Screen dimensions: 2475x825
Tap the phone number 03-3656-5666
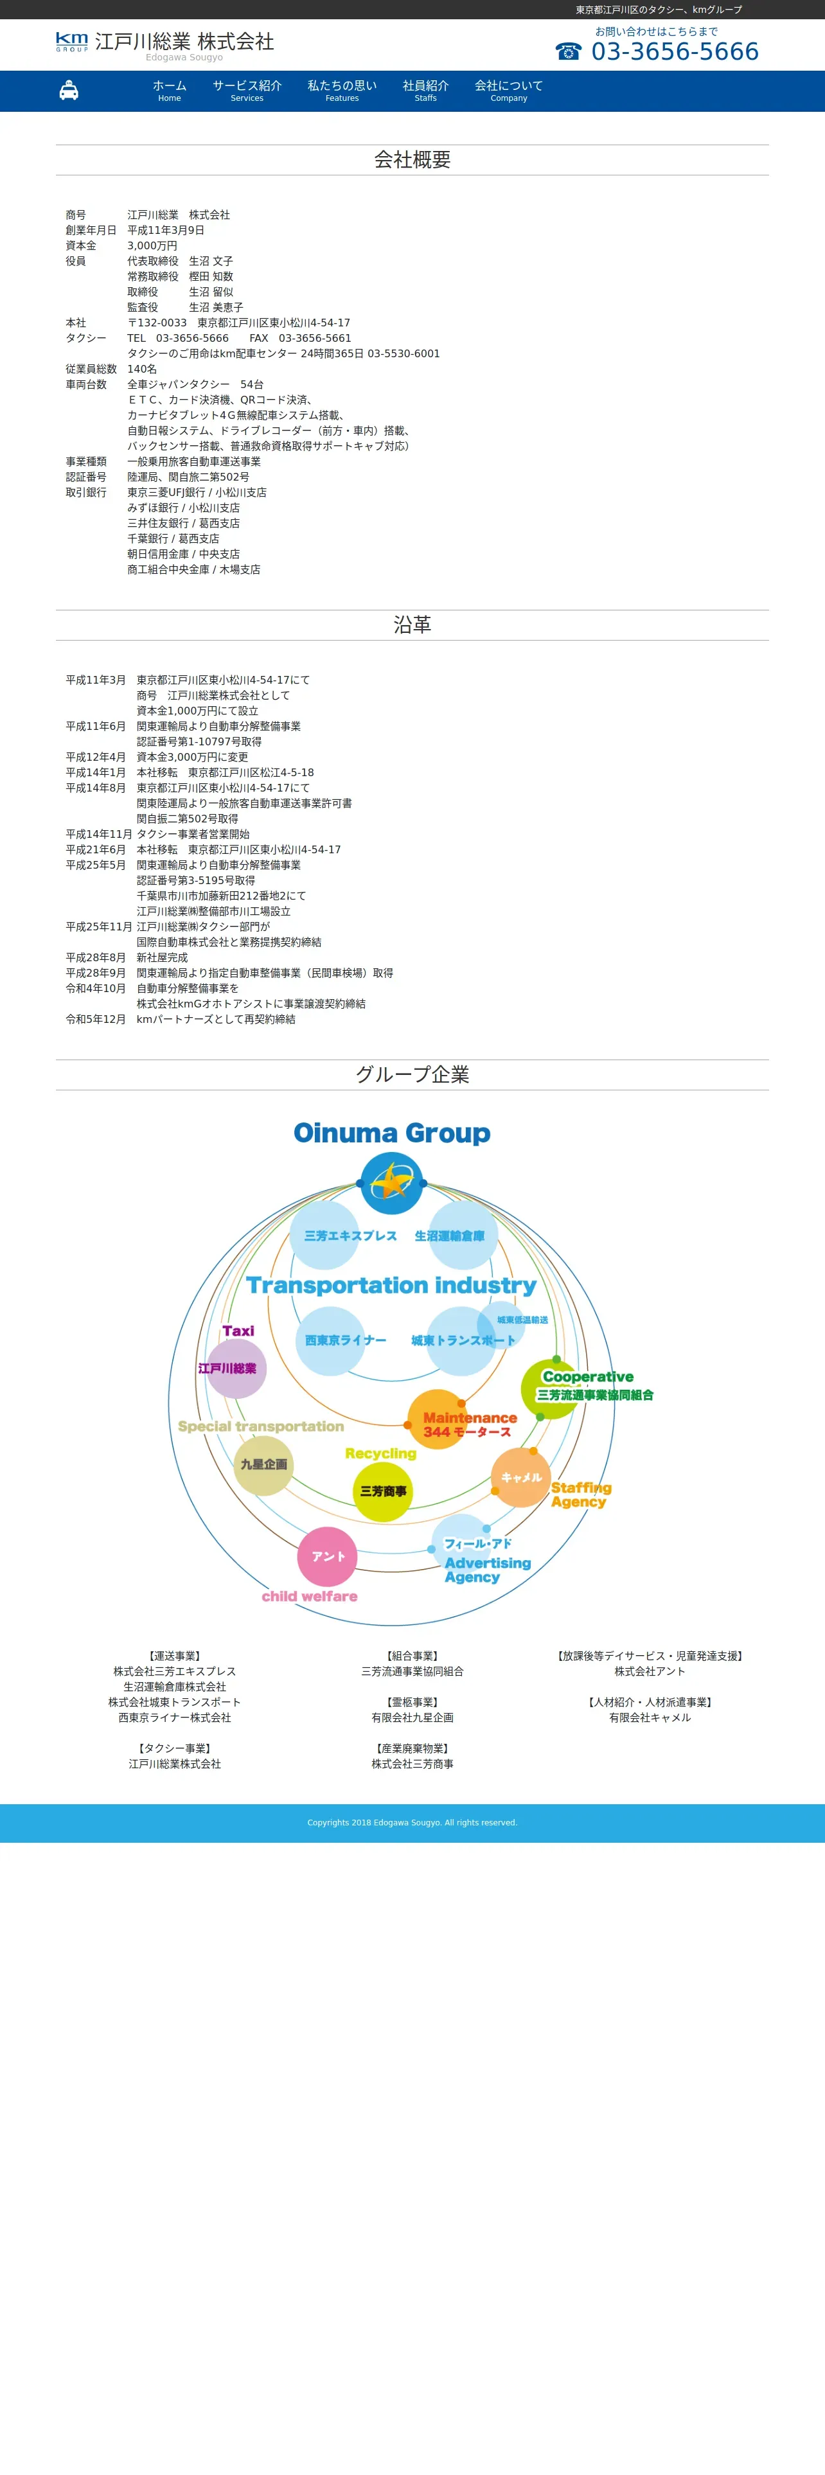point(674,52)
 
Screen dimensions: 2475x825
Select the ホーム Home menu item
point(169,91)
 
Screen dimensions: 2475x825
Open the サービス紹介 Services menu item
point(247,91)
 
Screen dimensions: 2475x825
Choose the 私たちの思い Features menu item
point(342,91)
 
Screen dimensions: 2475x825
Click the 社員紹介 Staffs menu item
point(425,91)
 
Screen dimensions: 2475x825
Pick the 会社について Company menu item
point(508,91)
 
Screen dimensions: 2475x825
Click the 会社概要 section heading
point(412,159)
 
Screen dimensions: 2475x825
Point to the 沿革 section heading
point(412,625)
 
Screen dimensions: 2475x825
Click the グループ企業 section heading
point(412,1074)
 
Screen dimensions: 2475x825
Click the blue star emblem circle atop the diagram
point(392,1183)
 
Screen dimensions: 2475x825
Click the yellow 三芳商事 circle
point(383,1491)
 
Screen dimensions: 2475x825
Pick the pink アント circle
point(328,1556)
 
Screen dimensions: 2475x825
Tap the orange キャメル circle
point(520,1477)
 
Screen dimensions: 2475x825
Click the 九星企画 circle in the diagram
point(263,1464)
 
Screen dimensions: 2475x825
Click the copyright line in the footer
point(412,1823)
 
